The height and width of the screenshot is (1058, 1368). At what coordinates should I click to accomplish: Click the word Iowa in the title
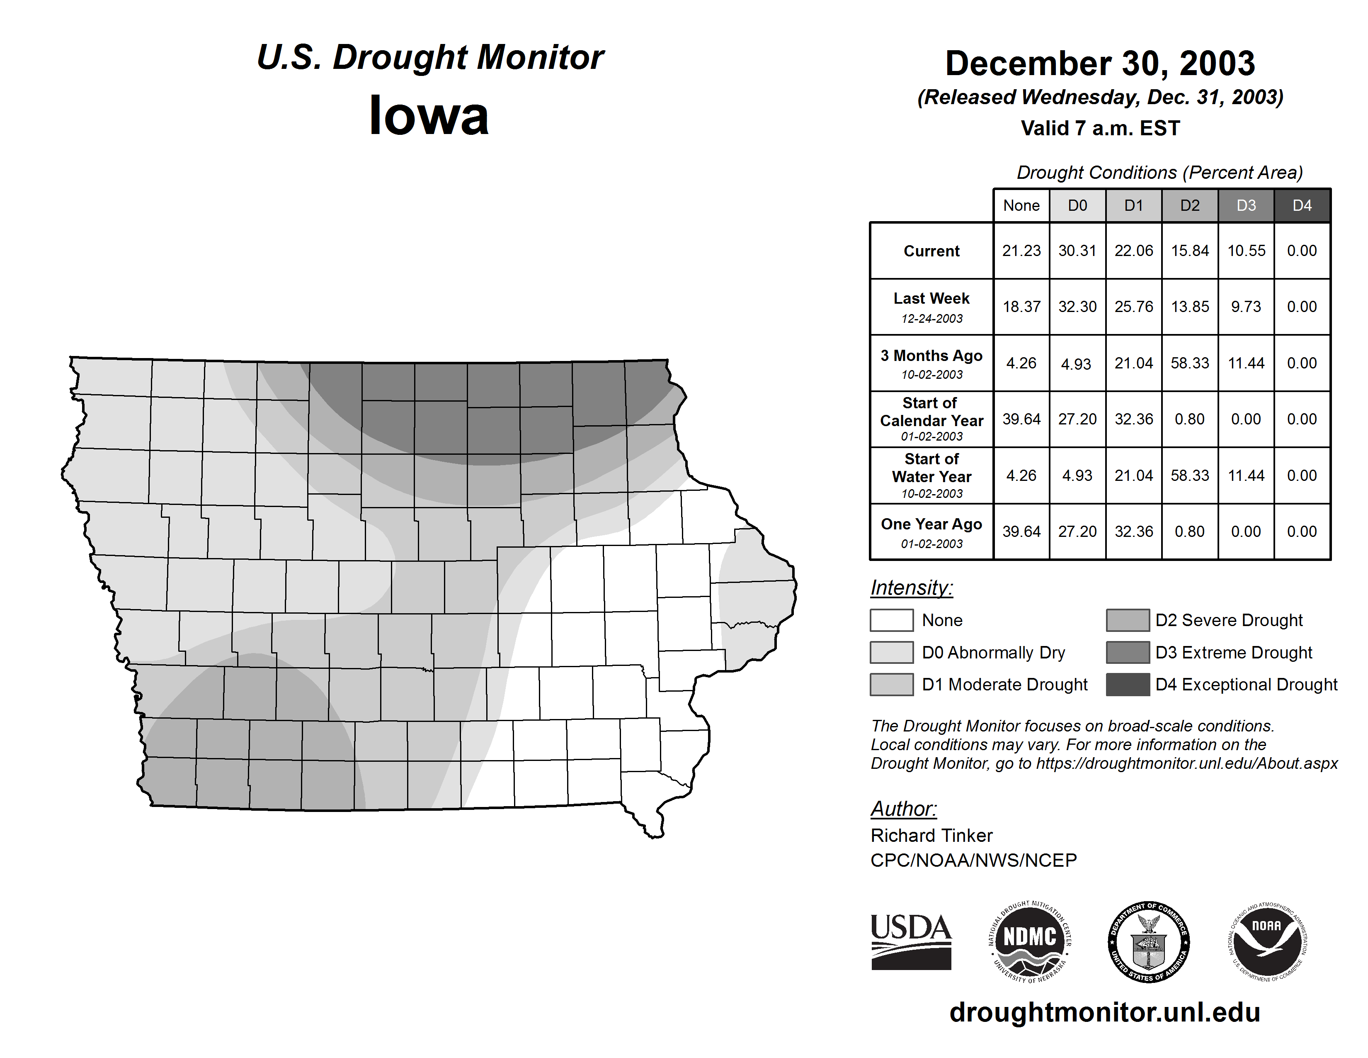(x=429, y=115)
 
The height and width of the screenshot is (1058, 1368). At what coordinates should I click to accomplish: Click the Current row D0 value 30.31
(x=1077, y=251)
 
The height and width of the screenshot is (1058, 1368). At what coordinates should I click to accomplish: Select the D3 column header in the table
(x=1246, y=205)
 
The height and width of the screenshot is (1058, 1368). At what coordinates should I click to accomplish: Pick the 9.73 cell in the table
(x=1246, y=307)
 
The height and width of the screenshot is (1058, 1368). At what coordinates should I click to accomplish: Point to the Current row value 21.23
(x=1021, y=251)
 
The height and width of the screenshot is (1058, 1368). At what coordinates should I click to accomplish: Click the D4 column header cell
(x=1302, y=205)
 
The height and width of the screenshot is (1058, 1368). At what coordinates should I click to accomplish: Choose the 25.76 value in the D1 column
(x=1134, y=307)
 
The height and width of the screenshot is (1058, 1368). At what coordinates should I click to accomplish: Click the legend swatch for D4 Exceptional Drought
(x=1128, y=685)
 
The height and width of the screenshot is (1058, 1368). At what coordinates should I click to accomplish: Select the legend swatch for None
(x=891, y=620)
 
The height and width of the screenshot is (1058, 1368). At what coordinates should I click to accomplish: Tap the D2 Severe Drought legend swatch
(x=1128, y=620)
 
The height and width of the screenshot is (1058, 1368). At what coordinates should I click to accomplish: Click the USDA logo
(x=911, y=941)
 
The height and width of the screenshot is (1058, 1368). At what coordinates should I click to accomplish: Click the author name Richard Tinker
(x=931, y=836)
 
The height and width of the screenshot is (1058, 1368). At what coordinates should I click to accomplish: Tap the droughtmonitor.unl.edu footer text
(x=1105, y=1013)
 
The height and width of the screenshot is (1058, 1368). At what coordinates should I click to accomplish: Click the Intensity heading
(x=911, y=588)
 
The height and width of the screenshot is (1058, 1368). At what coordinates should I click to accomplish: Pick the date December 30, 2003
(x=1100, y=63)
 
